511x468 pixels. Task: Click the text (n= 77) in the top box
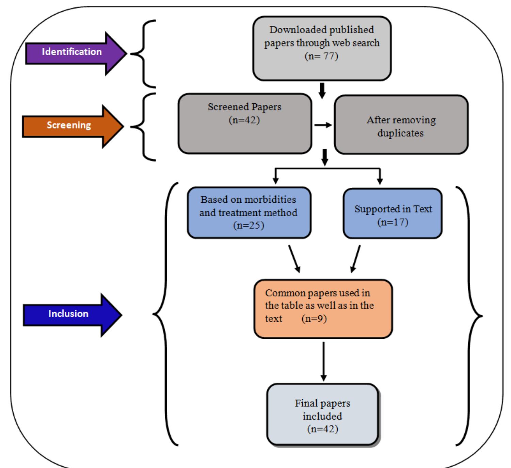tap(321, 56)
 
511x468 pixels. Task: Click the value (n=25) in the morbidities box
tap(249, 225)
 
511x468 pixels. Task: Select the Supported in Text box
tap(393, 214)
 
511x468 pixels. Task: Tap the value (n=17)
tap(393, 222)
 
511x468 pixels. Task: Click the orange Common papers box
tap(323, 309)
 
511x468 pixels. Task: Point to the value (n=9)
tap(314, 319)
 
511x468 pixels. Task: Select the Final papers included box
tap(322, 415)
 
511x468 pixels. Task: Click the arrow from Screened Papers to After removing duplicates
tap(323, 125)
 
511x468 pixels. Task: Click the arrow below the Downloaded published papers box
tap(322, 90)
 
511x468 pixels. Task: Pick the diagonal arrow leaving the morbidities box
tap(294, 259)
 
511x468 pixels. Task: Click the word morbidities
tap(271, 200)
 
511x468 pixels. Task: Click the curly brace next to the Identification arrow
tap(143, 54)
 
